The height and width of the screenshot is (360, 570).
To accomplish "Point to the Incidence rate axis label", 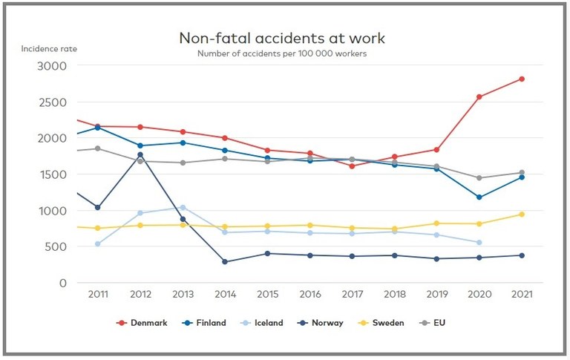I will [49, 49].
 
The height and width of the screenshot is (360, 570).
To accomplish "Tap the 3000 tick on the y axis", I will [52, 65].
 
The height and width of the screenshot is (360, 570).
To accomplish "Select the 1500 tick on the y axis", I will [52, 174].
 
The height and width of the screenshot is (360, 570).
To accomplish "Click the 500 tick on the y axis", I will [56, 247].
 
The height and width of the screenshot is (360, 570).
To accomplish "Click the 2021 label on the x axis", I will [522, 295].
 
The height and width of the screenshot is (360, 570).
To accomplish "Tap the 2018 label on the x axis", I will [395, 295].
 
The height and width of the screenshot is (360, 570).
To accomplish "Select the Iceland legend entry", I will [263, 323].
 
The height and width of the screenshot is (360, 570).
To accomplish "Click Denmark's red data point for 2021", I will [522, 79].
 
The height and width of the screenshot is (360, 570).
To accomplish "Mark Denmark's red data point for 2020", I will [479, 96].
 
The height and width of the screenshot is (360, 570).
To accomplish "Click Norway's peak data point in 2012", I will [140, 154].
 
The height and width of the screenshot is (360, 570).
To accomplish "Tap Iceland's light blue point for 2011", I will [98, 243].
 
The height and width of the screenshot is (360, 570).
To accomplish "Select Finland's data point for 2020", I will [479, 197].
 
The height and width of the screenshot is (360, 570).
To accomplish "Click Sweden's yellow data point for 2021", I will [522, 215].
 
